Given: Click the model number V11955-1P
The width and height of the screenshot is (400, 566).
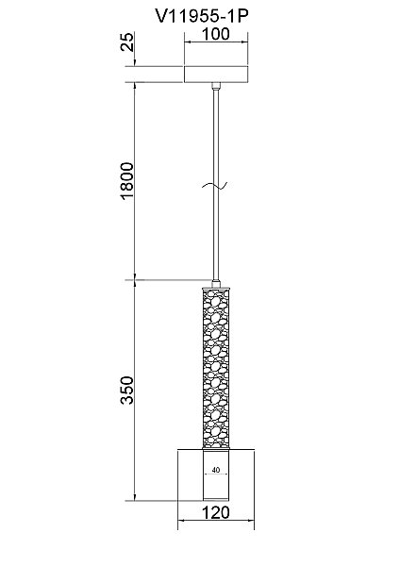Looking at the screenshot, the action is coord(202,16).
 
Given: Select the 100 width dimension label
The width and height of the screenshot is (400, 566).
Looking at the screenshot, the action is coord(215,34).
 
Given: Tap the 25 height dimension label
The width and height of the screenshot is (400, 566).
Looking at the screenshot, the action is coord(127,42).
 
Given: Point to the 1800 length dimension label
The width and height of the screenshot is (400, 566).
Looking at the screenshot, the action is coord(127,181).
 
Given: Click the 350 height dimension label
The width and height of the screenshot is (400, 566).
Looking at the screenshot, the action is coord(127,391).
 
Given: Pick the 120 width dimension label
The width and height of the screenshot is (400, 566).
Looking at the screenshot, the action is coord(215,512).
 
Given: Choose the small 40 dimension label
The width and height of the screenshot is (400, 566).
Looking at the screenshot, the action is coord(216,470).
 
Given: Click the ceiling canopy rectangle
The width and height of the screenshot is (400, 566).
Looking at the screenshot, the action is coord(216,75).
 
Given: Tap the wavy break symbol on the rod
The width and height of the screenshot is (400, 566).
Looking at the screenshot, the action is coord(215,186).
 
